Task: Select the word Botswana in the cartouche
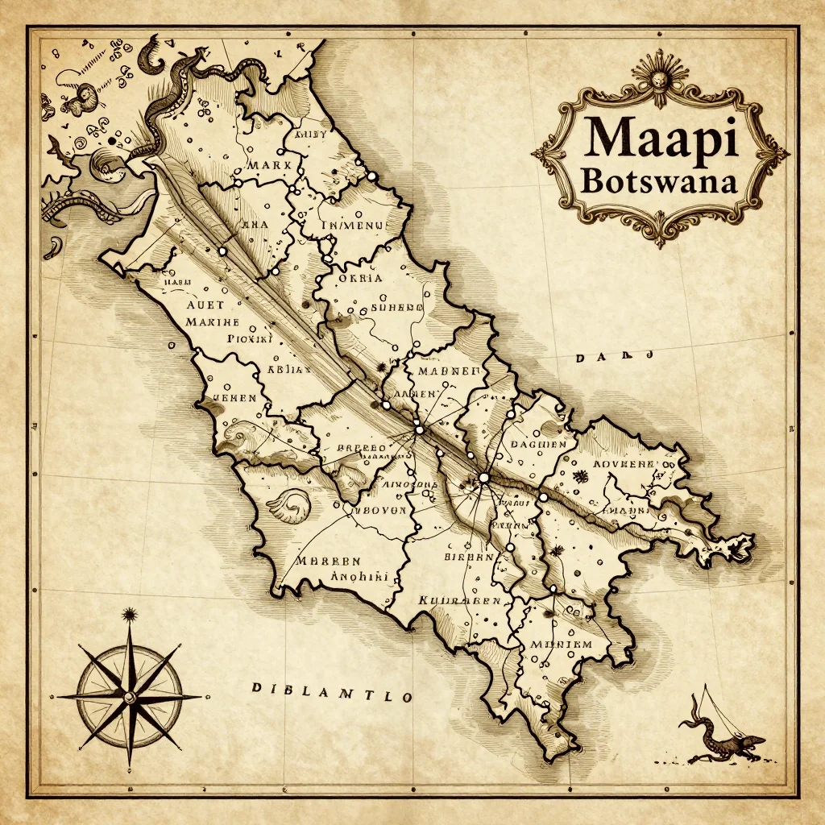pyautogui.click(x=658, y=180)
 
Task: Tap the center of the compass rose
pyautogui.click(x=129, y=694)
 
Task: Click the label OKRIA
pyautogui.click(x=361, y=279)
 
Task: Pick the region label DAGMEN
pyautogui.click(x=539, y=444)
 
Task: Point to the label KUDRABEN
pyautogui.click(x=460, y=601)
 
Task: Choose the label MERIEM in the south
pyautogui.click(x=561, y=645)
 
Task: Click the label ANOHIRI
pyautogui.click(x=360, y=577)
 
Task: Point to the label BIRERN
pyautogui.click(x=469, y=557)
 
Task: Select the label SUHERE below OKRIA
pyautogui.click(x=396, y=307)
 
